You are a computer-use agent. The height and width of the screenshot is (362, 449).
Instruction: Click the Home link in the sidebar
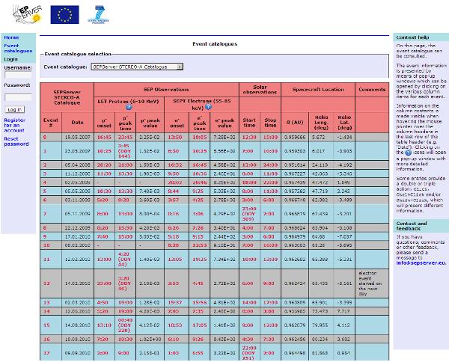11,37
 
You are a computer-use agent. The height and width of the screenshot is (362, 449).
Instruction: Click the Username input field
18,75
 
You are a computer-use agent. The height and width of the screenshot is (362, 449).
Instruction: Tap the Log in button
14,109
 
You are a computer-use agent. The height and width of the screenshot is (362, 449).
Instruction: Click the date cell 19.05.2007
78,137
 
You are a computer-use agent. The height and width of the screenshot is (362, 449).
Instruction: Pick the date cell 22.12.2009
78,227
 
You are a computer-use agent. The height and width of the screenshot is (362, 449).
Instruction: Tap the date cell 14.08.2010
78,325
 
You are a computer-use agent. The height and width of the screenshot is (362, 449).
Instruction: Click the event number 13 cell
45,285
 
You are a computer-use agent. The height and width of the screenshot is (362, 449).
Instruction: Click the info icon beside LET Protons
129,107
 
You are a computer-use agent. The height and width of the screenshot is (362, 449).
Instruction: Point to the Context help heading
412,37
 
